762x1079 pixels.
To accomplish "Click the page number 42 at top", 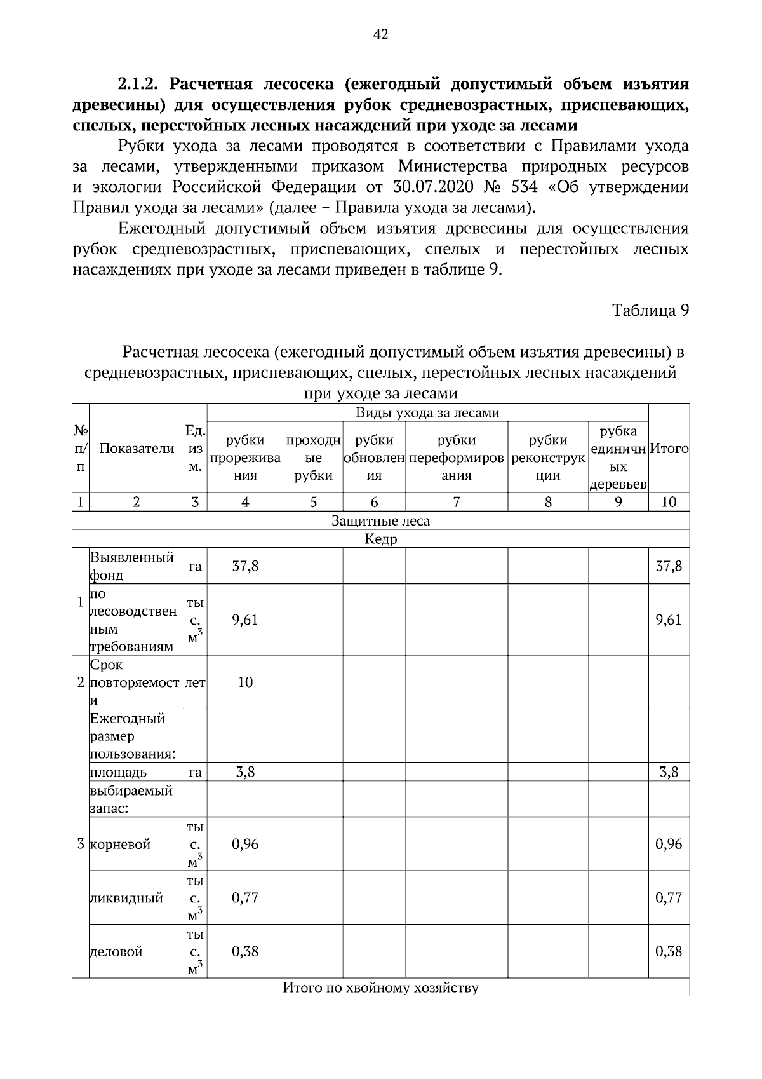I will click(380, 34).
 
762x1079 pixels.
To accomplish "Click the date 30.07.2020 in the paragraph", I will click(433, 187).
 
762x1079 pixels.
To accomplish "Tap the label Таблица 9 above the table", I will click(650, 311).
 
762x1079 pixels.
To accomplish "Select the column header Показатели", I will click(137, 449).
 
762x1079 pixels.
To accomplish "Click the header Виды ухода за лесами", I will click(427, 413).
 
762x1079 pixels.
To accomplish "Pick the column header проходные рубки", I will click(314, 458).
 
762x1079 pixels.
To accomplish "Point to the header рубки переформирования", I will click(457, 458).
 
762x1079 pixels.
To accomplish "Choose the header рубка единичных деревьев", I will click(618, 458).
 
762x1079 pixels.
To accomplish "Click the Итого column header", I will click(669, 449).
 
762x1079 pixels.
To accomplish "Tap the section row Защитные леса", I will click(380, 521).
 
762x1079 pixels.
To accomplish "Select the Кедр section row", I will click(380, 539).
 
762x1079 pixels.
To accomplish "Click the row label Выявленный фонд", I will click(132, 566).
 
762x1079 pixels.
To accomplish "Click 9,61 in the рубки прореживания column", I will click(245, 620).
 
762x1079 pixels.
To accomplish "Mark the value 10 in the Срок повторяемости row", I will click(245, 682).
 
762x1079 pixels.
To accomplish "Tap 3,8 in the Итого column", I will click(669, 773).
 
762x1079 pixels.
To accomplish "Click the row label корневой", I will click(121, 845).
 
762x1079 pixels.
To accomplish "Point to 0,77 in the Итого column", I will click(669, 898).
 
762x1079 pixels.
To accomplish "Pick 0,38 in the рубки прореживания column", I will click(245, 951).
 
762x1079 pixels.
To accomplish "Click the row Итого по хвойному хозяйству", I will click(380, 988).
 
